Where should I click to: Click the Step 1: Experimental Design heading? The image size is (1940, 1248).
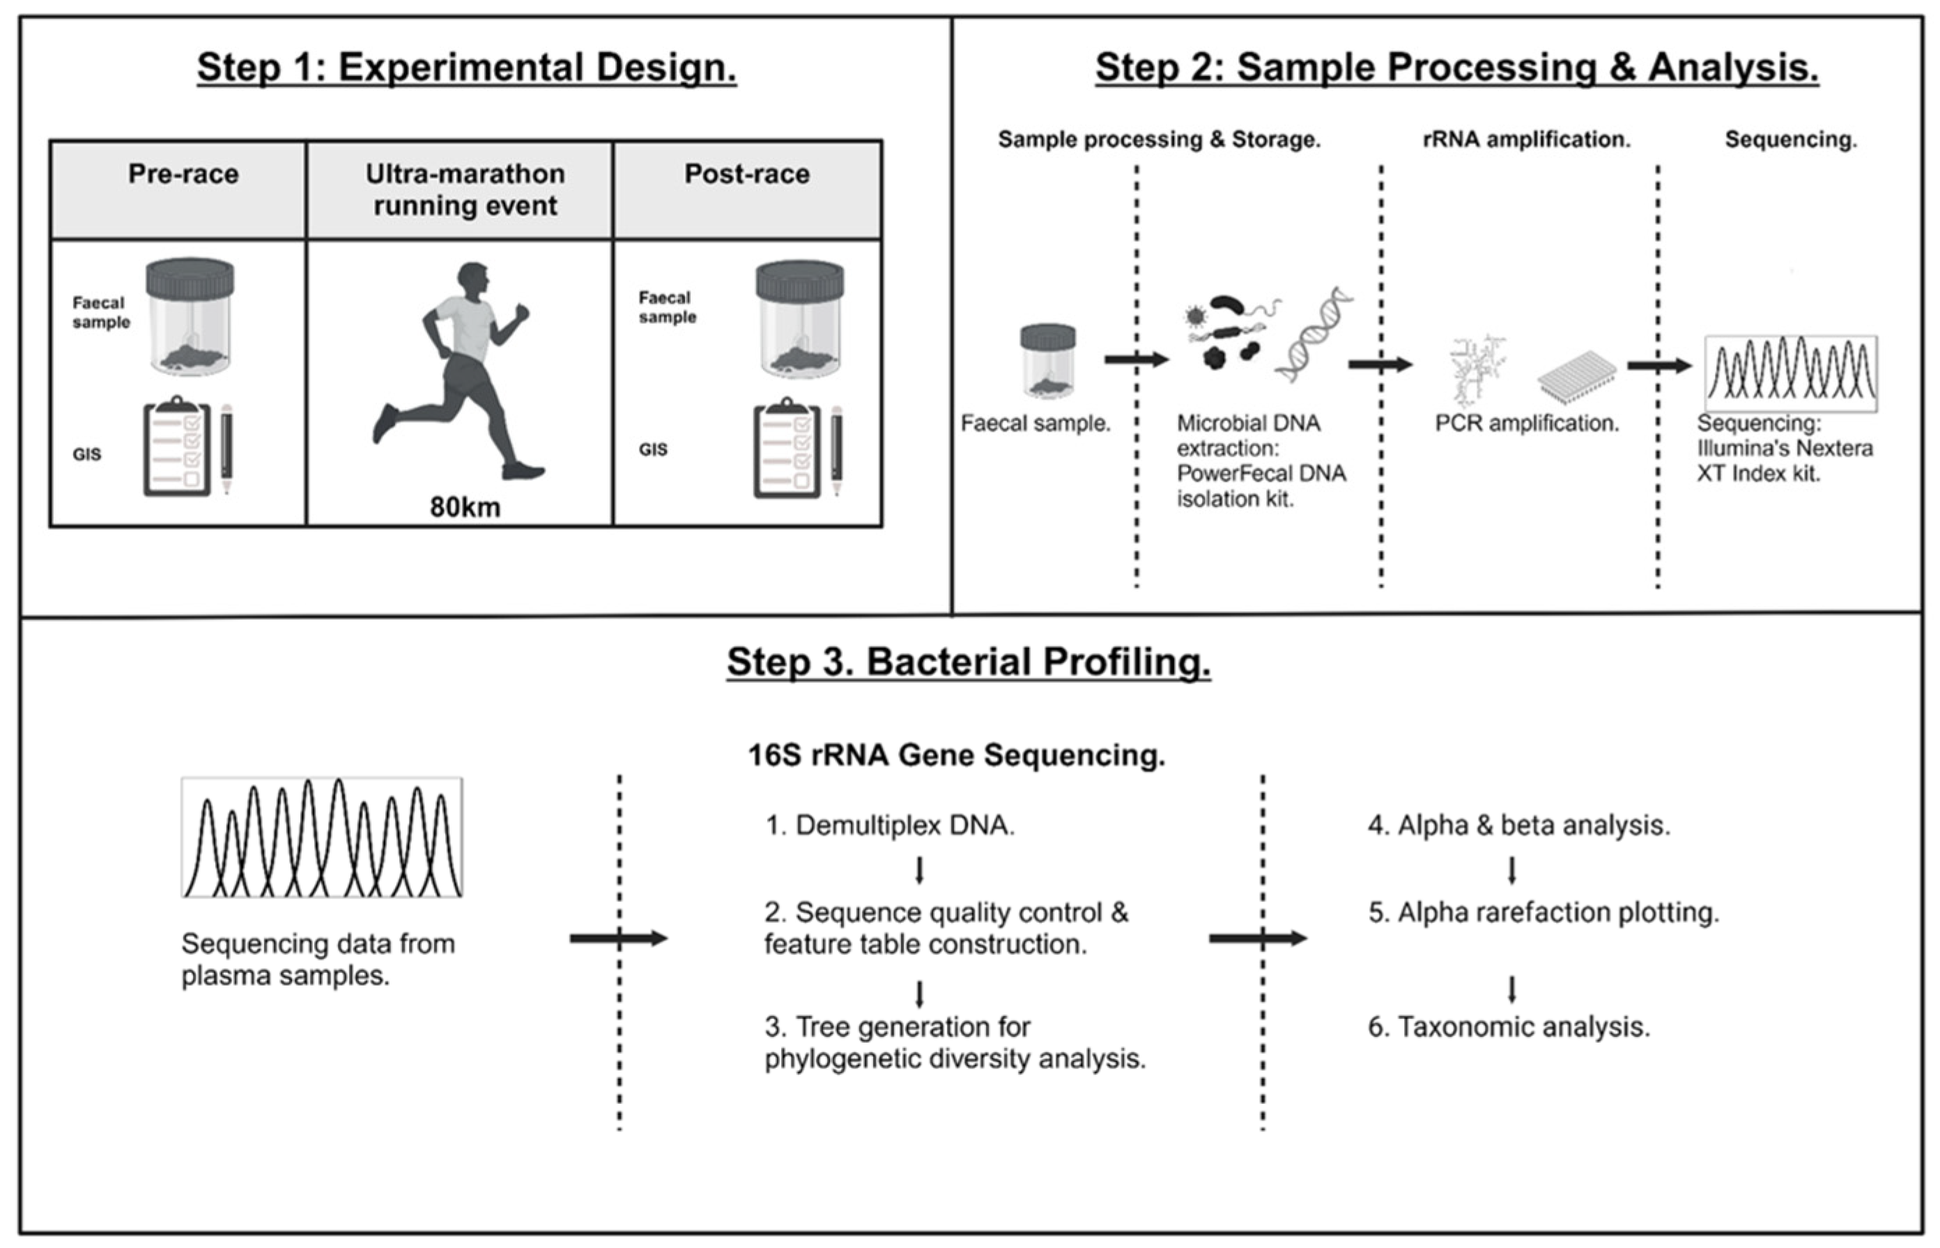coord(466,68)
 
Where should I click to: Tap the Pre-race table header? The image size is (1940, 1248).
coord(183,174)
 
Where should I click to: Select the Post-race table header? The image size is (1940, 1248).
coord(746,174)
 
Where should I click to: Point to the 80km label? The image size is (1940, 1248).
coord(465,507)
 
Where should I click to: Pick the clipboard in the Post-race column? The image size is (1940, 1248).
coord(786,448)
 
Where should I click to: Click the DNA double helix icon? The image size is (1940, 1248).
coord(1314,334)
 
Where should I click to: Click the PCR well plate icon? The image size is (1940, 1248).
coord(1576,376)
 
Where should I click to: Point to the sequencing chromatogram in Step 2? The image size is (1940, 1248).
coord(1791,373)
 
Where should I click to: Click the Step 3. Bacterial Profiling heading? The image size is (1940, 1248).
coord(968,662)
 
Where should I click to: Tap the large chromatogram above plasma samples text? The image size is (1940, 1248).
coord(322,838)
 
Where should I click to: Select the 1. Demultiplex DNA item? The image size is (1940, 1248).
coord(890,826)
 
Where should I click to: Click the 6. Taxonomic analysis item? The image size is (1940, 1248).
coord(1509,1027)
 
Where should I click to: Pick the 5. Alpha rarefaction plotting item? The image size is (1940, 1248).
coord(1543,913)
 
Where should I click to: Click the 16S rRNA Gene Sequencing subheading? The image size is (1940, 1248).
coord(956,756)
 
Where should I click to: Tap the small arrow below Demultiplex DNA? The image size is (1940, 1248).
coord(919,871)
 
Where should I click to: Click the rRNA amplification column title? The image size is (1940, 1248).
coord(1527,140)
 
